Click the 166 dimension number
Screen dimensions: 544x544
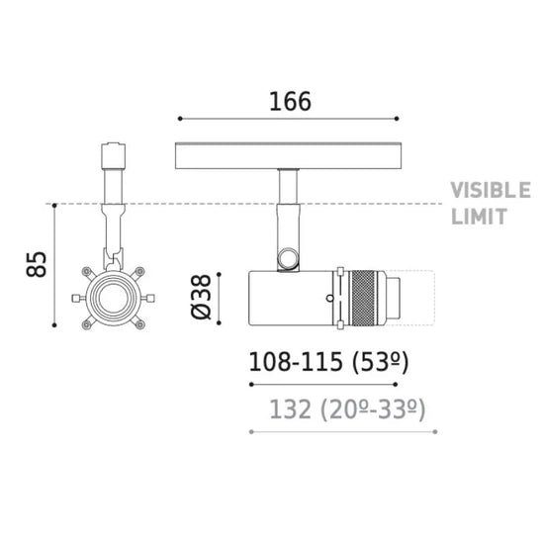tap(290, 101)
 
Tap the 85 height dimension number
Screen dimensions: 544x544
tap(36, 264)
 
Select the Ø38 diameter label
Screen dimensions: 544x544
tap(201, 297)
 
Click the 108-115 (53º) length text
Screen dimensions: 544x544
tap(328, 362)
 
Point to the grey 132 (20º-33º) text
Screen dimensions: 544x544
tap(347, 409)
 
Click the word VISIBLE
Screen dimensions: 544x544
tap(491, 190)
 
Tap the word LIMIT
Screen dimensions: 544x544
tap(479, 217)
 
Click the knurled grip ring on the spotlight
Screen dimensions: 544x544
tap(363, 298)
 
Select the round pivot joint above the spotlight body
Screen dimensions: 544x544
tap(288, 258)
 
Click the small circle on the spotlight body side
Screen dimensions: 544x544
tap(330, 298)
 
